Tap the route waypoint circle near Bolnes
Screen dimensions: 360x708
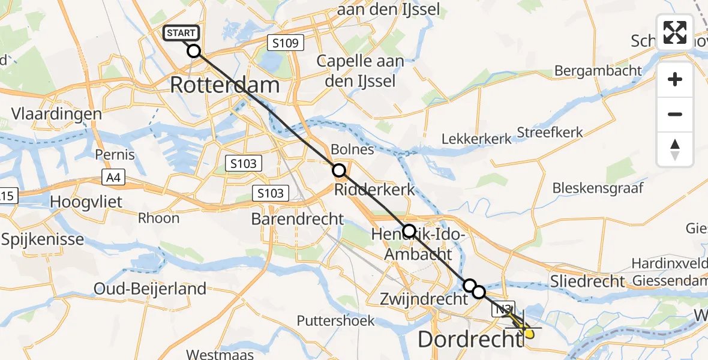(x=339, y=170)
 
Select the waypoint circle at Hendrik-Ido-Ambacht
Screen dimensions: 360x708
(x=409, y=230)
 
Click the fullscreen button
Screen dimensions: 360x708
(x=675, y=32)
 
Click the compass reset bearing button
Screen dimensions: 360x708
(x=675, y=149)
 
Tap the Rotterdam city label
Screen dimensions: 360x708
(x=225, y=85)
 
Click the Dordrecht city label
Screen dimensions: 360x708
(x=470, y=340)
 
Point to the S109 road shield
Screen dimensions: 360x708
(x=286, y=43)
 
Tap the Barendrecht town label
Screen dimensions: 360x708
(x=298, y=219)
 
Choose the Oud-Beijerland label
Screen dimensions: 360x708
(x=150, y=289)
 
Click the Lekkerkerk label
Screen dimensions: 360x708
(x=476, y=139)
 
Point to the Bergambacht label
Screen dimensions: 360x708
(x=598, y=71)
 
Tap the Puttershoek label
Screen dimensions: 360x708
(x=336, y=321)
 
